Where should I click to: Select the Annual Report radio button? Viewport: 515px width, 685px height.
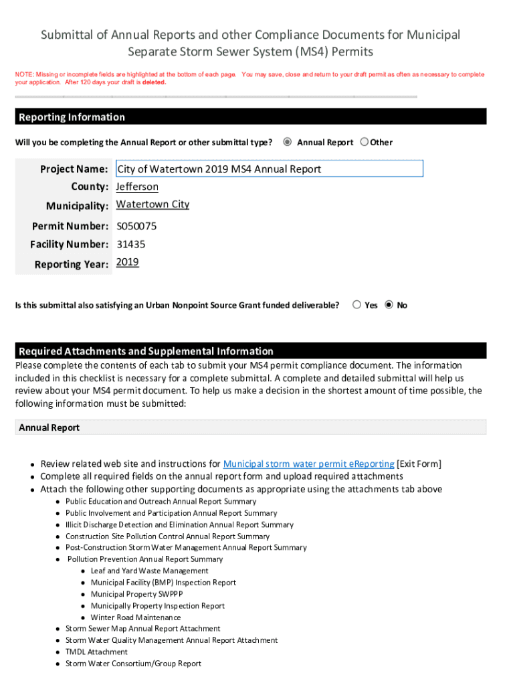point(288,142)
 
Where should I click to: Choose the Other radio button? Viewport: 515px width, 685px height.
point(365,142)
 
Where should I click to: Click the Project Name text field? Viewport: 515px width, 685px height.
point(269,169)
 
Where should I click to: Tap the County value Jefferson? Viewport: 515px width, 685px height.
point(137,187)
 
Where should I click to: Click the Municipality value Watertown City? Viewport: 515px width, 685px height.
point(152,205)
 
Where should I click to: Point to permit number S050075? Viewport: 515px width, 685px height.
point(136,226)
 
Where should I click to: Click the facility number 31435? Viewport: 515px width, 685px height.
point(130,244)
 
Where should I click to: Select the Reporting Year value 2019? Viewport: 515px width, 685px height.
point(128,262)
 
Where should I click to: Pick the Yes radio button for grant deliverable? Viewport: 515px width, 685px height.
point(357,305)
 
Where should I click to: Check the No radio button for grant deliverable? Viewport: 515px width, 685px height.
point(389,305)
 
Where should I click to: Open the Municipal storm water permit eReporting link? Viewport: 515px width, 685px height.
point(308,464)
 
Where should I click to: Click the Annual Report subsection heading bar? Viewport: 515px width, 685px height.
point(250,427)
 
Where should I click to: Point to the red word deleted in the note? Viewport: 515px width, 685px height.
point(154,83)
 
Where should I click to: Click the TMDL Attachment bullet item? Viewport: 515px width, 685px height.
point(96,652)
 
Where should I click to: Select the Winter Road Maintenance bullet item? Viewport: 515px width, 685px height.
point(136,617)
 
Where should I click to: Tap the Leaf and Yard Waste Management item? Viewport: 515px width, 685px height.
point(149,571)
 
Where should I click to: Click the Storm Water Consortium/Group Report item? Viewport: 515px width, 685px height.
point(133,664)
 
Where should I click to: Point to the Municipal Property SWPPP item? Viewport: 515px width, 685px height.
point(136,594)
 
